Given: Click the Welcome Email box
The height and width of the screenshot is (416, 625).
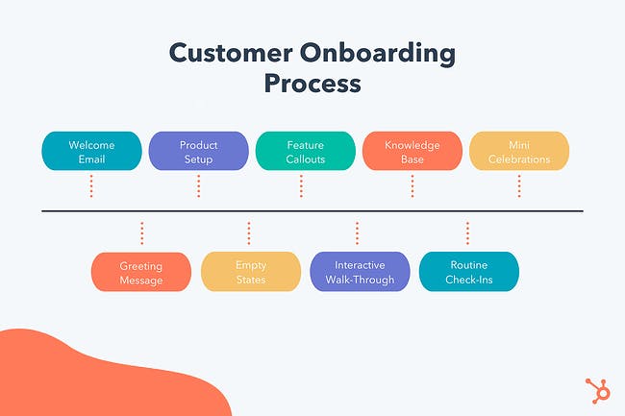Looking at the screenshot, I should (x=91, y=152).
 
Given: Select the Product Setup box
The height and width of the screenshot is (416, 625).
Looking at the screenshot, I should (x=198, y=152).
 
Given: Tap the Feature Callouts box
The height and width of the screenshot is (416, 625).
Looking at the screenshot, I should (x=305, y=152).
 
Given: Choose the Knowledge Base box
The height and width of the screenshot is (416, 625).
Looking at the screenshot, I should (x=412, y=152).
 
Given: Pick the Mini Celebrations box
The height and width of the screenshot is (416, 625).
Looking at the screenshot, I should (x=518, y=152).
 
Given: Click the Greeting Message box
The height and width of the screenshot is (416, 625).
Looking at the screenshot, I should (x=141, y=273).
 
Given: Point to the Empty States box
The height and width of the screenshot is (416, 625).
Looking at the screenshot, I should (x=250, y=273).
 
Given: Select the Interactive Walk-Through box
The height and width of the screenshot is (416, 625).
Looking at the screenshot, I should (x=360, y=273).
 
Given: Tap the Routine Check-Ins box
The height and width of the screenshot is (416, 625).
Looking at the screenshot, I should (x=469, y=273).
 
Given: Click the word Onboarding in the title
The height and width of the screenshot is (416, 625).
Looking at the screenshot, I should (x=388, y=53).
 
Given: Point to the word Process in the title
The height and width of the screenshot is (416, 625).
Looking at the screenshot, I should (x=312, y=84).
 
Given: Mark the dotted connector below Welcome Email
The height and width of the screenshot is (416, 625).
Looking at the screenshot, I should (x=91, y=185).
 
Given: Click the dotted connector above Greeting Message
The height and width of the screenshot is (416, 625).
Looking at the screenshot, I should (x=141, y=233).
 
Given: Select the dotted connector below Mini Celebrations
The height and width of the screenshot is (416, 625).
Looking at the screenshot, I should (x=518, y=185).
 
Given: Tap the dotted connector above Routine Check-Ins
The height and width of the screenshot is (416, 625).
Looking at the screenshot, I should (x=468, y=233).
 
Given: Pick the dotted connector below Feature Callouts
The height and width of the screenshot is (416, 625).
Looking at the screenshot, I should (x=305, y=185).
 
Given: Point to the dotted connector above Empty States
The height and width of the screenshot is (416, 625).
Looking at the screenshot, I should (x=249, y=233).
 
